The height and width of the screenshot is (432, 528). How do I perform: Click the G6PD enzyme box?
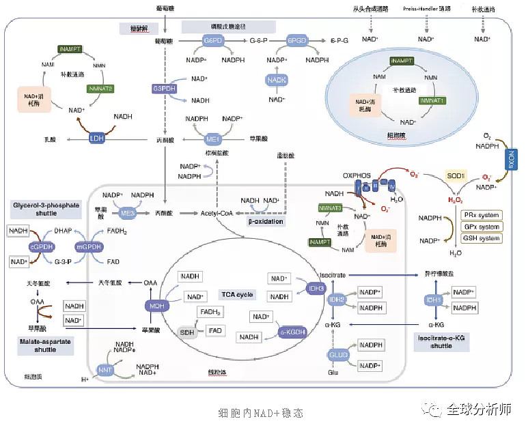point(213,42)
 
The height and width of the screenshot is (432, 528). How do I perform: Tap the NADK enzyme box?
point(276,80)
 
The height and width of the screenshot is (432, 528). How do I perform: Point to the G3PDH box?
point(165,89)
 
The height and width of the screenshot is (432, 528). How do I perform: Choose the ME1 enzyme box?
point(214,139)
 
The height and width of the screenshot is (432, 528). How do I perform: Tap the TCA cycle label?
point(237,294)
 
